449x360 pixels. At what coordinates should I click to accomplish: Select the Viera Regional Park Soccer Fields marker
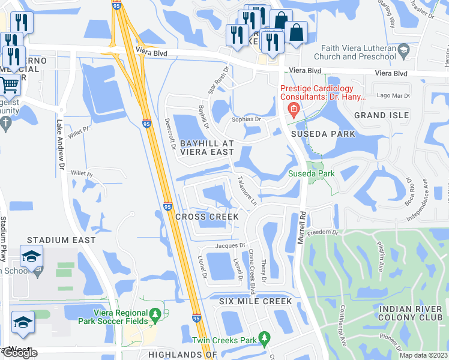tap(155, 314)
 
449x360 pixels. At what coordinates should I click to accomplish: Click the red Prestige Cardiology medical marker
tap(294, 109)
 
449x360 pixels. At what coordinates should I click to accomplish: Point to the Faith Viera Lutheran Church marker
tap(403, 49)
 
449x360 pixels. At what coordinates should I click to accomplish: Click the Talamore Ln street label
tap(247, 191)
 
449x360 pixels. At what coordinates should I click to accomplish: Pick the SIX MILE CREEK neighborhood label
tap(256, 301)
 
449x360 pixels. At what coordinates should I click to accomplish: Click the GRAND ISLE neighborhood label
tap(381, 115)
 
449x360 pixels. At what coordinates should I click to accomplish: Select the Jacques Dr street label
tap(231, 245)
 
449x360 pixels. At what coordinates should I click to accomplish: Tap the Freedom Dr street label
tap(319, 233)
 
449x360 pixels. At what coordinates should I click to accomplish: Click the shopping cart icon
tap(10, 85)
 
